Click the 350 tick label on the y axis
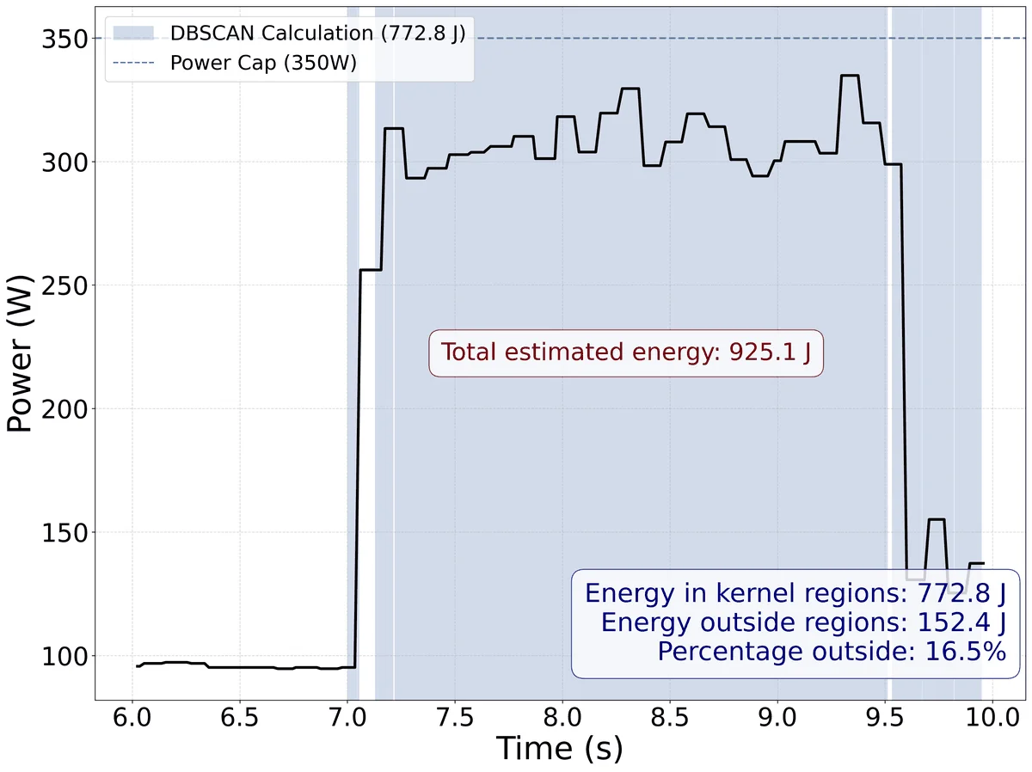[64, 39]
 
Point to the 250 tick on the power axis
[64, 285]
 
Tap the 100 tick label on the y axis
[64, 657]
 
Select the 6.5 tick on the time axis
[240, 718]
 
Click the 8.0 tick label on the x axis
[562, 718]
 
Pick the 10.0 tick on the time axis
[992, 718]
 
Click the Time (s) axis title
[560, 748]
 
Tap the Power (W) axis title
[20, 353]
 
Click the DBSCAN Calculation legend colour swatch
[133, 34]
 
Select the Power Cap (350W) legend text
[263, 63]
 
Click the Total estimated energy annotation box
[626, 352]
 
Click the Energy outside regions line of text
[803, 622]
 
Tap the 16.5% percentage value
[965, 652]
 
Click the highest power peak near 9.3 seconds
[850, 75]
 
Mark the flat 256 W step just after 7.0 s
[371, 270]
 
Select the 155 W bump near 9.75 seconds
[936, 519]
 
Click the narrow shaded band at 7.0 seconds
[353, 353]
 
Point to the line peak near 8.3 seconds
[630, 89]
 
